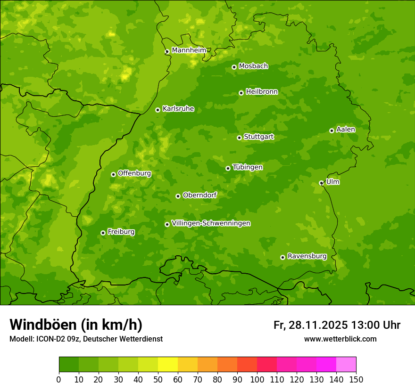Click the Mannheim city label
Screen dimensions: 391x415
point(189,50)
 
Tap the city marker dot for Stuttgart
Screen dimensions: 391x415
point(239,138)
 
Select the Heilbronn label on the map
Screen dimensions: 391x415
point(262,92)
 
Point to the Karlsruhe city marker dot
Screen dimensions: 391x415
point(158,110)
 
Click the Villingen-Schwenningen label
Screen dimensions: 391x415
point(211,223)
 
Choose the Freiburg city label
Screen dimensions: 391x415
point(121,232)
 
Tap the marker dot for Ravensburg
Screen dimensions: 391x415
point(282,257)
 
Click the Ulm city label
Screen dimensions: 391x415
point(332,182)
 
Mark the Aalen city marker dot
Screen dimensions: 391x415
point(332,130)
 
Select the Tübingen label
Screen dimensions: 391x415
point(248,167)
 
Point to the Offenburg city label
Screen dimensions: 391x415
point(134,173)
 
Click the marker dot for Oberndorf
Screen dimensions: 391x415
point(178,196)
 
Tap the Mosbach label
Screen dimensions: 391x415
point(253,66)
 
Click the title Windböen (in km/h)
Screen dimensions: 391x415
point(75,325)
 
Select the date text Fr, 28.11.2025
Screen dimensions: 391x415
point(310,325)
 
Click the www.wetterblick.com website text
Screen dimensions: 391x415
point(340,339)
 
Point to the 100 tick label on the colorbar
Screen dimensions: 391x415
point(257,379)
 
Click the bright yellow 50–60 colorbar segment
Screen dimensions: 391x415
point(168,365)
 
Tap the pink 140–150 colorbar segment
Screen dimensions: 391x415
point(346,365)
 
